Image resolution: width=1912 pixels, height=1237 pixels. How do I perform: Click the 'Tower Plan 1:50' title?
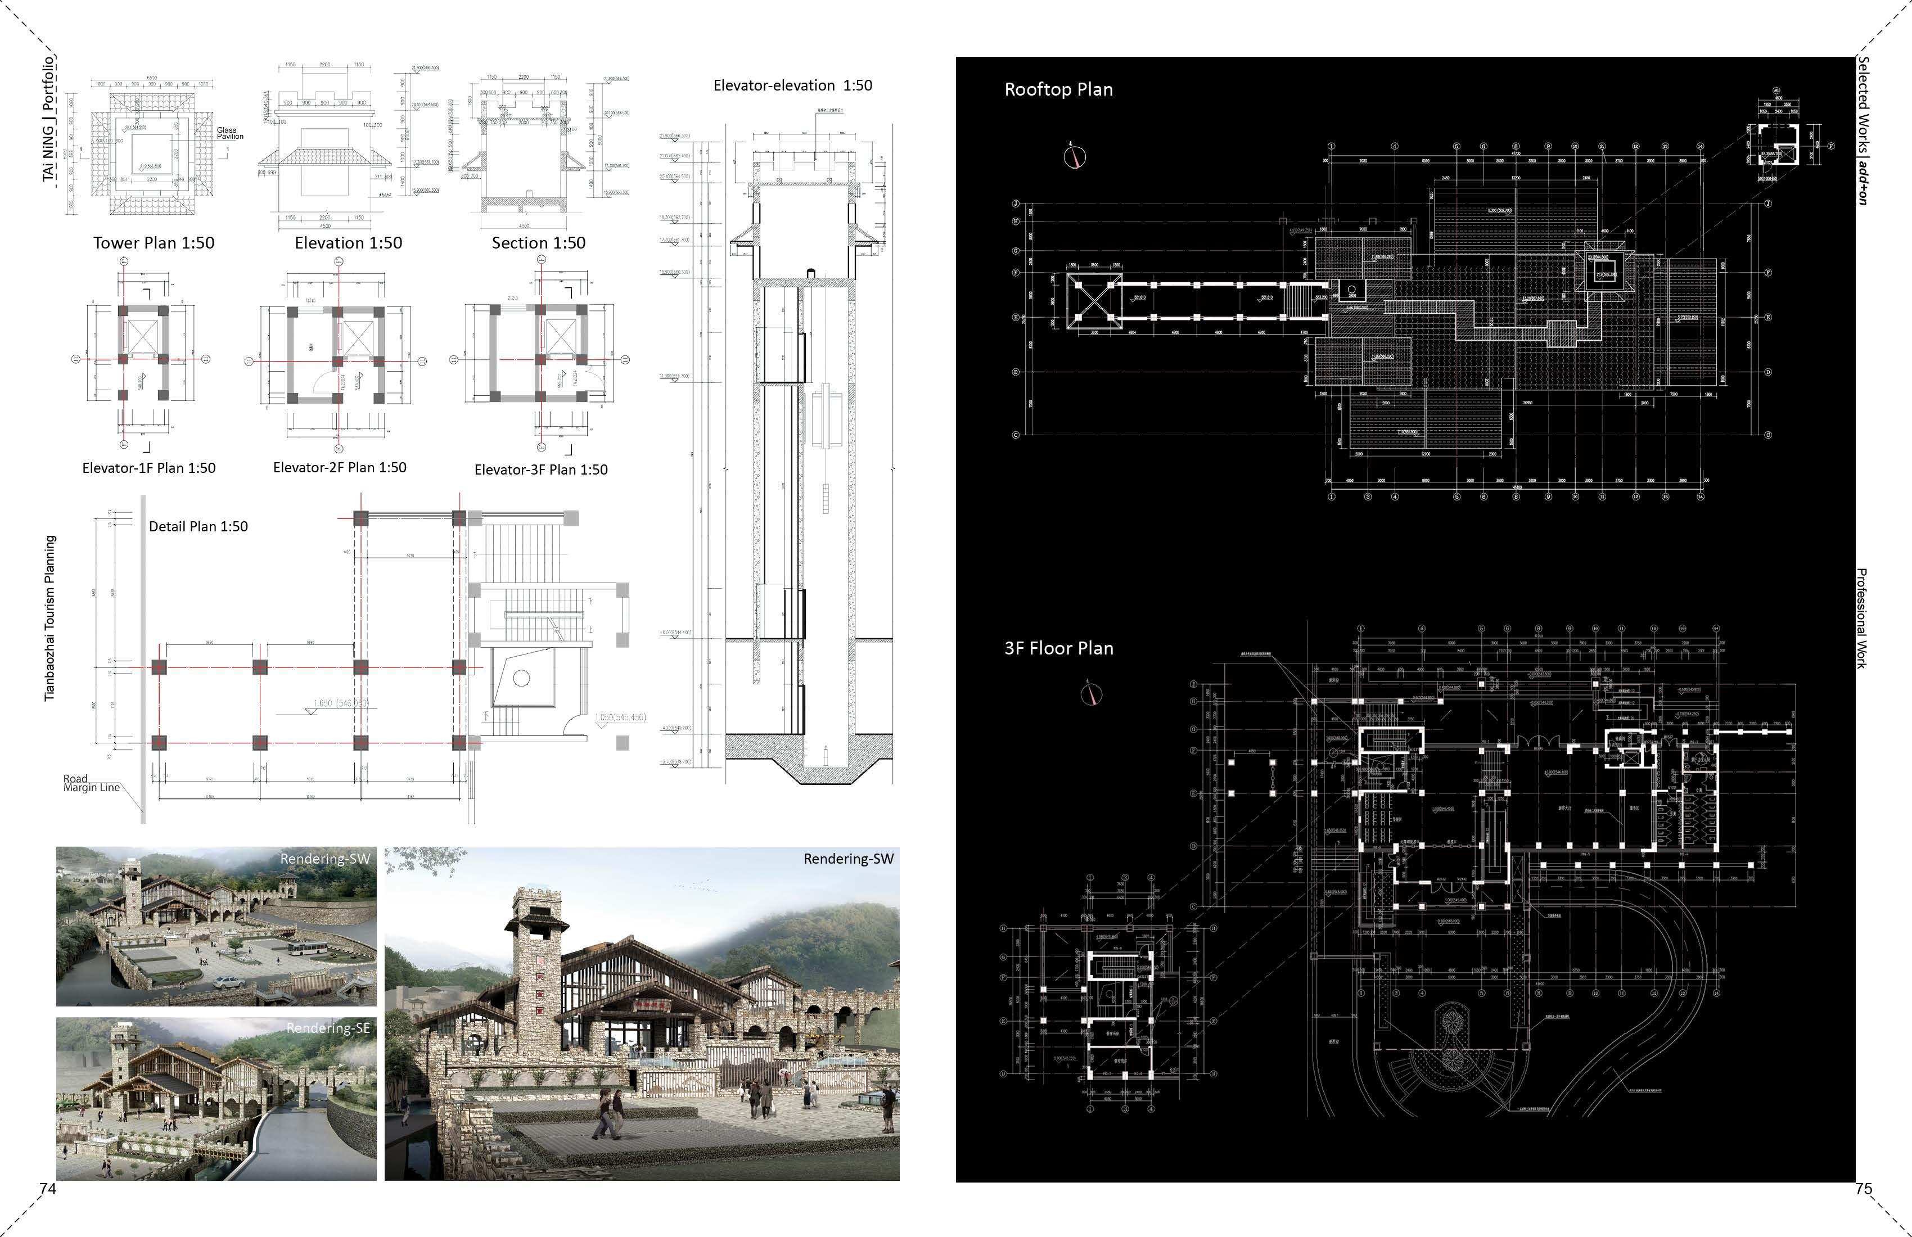(x=154, y=242)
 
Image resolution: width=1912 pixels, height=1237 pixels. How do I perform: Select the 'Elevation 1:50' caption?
(x=348, y=242)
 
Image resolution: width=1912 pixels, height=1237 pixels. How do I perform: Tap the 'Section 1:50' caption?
(x=538, y=242)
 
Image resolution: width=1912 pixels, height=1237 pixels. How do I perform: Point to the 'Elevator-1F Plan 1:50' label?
(x=148, y=467)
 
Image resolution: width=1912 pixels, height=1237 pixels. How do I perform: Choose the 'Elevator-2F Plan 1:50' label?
(x=340, y=467)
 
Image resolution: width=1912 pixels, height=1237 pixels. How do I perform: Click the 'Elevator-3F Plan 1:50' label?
(x=540, y=469)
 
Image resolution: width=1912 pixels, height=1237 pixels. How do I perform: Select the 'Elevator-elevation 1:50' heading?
(x=792, y=85)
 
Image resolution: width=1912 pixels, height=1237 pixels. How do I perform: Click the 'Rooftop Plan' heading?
(x=1058, y=89)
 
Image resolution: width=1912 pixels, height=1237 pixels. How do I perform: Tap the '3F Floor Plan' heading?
(x=1058, y=648)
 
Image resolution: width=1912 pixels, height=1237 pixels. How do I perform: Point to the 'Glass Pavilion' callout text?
(x=229, y=133)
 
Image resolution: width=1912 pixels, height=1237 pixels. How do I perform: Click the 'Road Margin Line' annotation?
(x=91, y=783)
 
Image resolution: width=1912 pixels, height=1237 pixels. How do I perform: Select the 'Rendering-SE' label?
(x=328, y=1027)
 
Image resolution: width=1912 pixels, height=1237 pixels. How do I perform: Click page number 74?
(x=48, y=1188)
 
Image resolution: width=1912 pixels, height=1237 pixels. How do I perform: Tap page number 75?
(x=1864, y=1189)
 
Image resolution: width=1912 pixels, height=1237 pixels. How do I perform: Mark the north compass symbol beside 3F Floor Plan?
(x=1091, y=694)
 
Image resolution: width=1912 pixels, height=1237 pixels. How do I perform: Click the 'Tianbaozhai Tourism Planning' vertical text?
(x=50, y=618)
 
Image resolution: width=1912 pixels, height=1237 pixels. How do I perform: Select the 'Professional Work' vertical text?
(x=1861, y=618)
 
